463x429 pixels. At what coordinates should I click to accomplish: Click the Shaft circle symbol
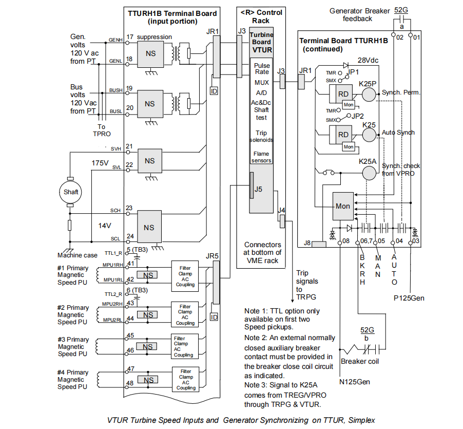71,192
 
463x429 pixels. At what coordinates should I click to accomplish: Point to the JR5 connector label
213,255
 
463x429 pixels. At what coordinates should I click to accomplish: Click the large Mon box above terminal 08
343,206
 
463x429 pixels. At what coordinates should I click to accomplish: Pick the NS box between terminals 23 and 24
149,227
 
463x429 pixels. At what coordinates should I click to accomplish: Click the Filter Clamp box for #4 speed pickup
185,379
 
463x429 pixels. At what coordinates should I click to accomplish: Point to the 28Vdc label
368,60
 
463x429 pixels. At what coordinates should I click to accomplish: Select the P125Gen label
409,297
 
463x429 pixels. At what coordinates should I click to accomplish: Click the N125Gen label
354,381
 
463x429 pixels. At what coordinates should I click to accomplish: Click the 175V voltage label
100,163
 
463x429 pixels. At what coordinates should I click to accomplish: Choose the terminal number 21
129,146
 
